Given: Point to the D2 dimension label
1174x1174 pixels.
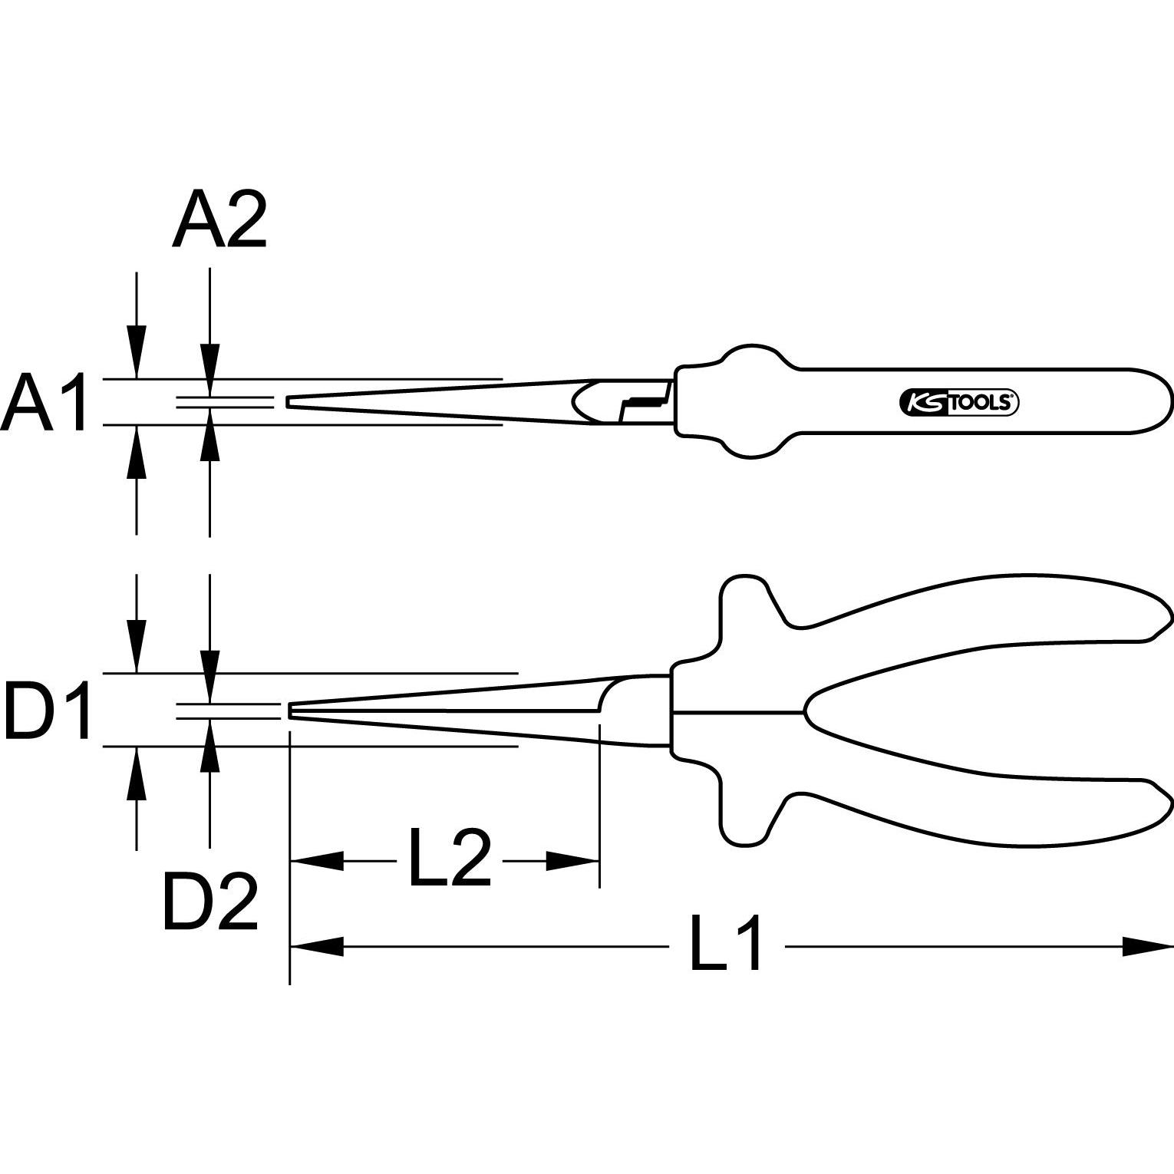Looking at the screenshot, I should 210,903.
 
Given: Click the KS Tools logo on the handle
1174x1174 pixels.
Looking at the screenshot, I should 958,401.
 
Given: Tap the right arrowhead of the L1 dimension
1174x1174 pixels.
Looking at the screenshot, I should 1147,946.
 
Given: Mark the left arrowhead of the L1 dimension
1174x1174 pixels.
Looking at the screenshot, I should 316,946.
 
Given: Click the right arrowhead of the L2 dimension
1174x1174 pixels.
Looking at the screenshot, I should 572,861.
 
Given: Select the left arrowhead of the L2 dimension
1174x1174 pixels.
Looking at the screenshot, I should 316,861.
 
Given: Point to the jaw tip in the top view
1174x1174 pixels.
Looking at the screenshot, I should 289,401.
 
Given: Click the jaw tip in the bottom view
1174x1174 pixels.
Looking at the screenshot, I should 291,711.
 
